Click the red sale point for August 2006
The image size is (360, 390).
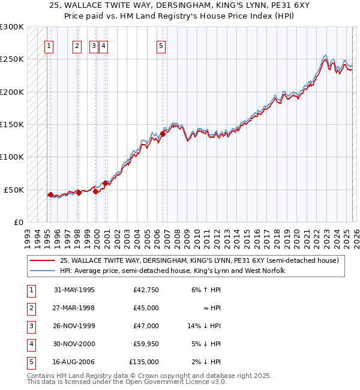163,134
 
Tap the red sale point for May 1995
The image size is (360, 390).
50,194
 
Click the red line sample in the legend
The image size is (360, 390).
42,261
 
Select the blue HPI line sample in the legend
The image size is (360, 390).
42,271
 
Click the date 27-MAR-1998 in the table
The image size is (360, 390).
74,308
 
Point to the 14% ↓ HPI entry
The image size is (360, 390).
203,326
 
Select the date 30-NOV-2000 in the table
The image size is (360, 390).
74,344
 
